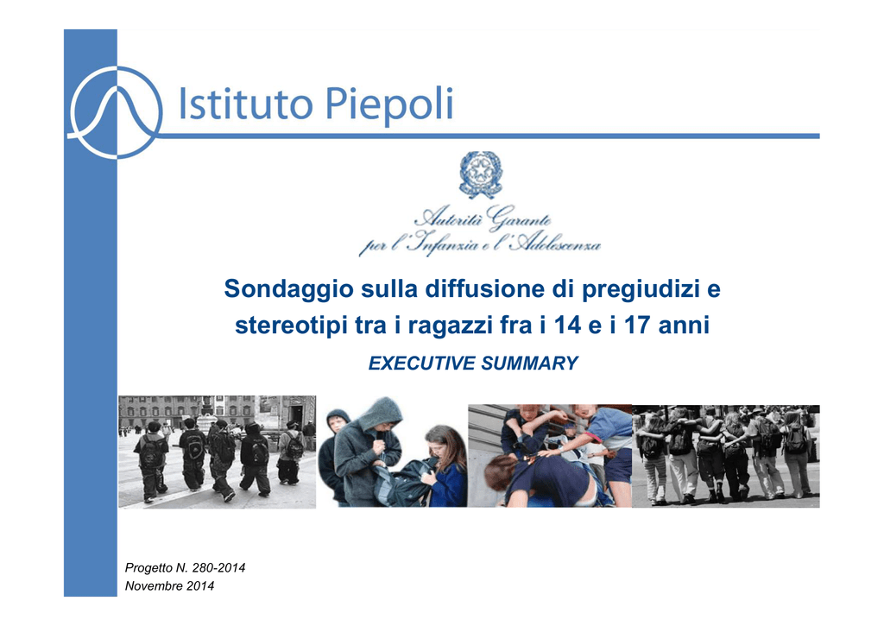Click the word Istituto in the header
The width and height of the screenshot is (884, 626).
245,104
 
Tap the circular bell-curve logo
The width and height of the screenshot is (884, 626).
115,112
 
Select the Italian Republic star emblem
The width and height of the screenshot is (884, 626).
481,174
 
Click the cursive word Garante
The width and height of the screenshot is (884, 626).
519,217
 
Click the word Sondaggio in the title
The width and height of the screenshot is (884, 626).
288,289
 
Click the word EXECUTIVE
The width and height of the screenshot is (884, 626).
421,364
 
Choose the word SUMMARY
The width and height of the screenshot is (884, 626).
529,364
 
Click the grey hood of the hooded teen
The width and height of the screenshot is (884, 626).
381,414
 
